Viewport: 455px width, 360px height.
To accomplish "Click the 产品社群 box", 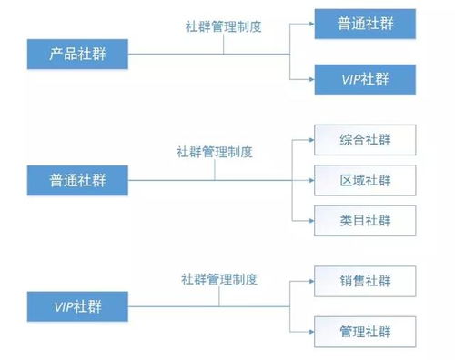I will point(77,53).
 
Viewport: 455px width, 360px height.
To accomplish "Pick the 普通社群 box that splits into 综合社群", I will point(77,179).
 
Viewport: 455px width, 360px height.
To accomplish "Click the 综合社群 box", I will point(365,141).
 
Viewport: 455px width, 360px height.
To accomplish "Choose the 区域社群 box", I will point(365,179).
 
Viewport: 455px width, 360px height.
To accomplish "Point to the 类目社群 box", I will point(365,219).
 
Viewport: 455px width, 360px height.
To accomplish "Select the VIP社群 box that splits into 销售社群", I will point(77,306).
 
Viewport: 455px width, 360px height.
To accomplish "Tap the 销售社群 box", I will point(365,280).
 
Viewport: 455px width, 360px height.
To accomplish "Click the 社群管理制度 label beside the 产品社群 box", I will point(223,26).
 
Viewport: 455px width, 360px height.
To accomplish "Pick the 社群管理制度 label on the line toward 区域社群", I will point(214,153).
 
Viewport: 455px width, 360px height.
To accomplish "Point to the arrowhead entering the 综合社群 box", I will point(309,141).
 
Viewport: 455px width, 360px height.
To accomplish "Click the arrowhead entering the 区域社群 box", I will point(309,179).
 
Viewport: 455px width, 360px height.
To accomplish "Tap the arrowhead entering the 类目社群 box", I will point(309,219).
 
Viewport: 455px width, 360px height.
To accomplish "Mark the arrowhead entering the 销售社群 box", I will point(309,280).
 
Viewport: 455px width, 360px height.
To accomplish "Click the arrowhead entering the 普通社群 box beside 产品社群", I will point(309,25).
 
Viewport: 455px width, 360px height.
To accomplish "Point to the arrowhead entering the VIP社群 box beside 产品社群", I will point(309,80).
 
